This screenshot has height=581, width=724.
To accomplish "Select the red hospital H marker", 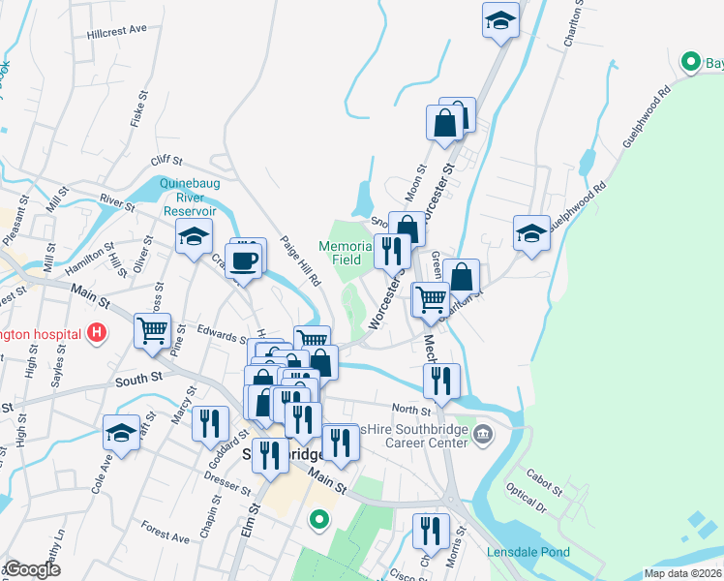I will [97, 334].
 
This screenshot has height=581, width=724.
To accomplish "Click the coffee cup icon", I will [248, 259].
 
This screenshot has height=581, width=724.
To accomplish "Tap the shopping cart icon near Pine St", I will [153, 331].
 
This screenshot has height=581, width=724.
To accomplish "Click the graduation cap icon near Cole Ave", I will [122, 432].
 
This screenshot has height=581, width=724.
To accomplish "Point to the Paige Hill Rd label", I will [300, 262].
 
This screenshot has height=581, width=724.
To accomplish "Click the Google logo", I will [33, 570].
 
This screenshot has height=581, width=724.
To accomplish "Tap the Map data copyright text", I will [681, 573].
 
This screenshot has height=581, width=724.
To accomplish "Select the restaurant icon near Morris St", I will [431, 531].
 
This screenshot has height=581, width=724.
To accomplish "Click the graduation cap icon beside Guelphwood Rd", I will [531, 233].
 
